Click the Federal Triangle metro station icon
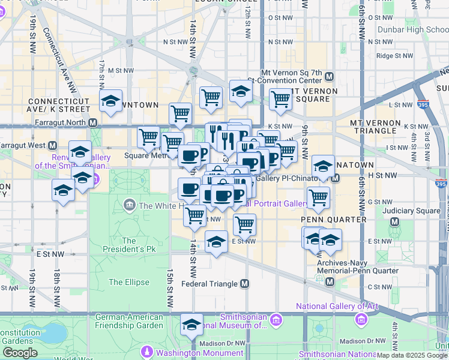pos(244,284)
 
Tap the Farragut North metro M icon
pos(92,122)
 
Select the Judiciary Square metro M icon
pos(395,221)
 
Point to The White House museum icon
pos(129,206)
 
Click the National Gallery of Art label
pos(337,306)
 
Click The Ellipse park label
pos(125,282)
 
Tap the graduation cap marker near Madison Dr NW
pos(191,324)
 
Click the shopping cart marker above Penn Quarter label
pos(318,197)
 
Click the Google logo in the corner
pos(20,353)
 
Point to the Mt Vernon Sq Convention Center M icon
pos(330,77)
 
